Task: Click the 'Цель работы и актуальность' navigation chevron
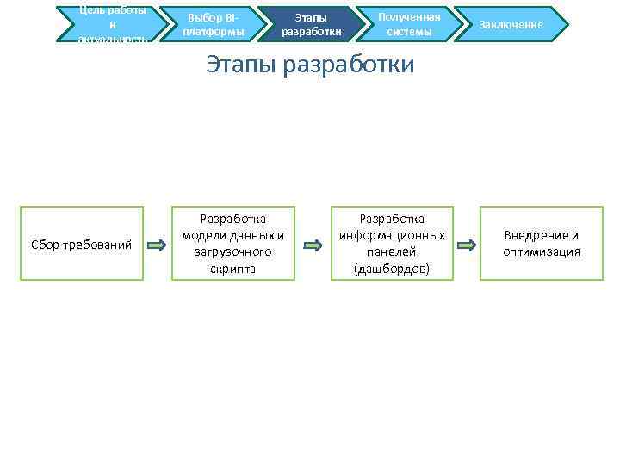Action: [x=112, y=24]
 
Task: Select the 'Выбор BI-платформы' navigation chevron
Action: [x=213, y=24]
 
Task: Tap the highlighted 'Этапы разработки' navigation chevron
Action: [x=311, y=24]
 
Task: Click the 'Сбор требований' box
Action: [x=82, y=245]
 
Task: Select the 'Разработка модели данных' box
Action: [x=232, y=244]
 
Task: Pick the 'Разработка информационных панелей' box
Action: [x=392, y=244]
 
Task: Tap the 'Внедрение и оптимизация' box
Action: [x=542, y=244]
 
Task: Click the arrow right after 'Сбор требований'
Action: [x=157, y=245]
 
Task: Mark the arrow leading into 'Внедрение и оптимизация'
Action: [x=466, y=245]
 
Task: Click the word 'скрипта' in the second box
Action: [x=232, y=269]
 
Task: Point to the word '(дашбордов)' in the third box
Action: [x=392, y=269]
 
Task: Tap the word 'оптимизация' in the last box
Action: [x=542, y=252]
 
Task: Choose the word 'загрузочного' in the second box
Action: [x=232, y=252]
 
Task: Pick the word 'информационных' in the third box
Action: [x=392, y=236]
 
